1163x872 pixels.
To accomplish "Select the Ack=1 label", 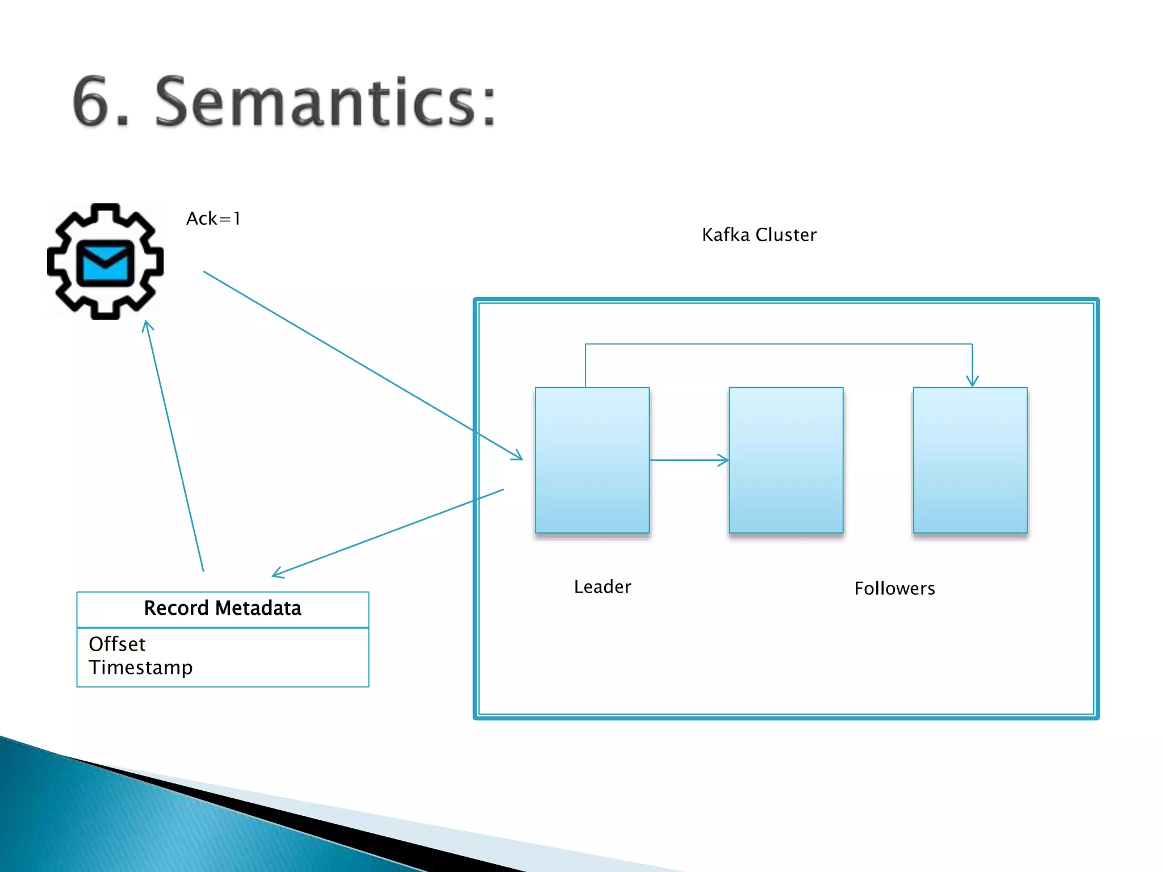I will coord(214,219).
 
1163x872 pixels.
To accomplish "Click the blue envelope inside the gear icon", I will coord(105,263).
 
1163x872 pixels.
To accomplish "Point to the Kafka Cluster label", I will coord(759,234).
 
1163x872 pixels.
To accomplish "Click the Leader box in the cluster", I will coord(592,460).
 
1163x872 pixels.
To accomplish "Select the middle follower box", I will coord(786,460).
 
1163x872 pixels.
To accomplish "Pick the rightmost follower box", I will coord(970,460).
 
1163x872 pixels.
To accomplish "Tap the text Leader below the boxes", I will coord(602,586).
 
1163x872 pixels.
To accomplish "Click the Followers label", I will coord(894,588).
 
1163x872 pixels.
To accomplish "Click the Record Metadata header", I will coord(223,608).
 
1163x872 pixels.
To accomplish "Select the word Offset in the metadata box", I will coord(117,644).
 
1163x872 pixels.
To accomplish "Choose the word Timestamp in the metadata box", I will coord(140,667).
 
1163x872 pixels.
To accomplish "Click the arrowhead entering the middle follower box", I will coord(725,460).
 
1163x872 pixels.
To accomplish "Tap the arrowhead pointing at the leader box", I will coord(517,456).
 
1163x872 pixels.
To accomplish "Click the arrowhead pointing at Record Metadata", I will coord(278,574).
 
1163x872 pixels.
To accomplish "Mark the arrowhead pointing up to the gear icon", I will coord(148,326).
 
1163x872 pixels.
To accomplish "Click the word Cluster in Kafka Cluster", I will coord(786,234).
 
